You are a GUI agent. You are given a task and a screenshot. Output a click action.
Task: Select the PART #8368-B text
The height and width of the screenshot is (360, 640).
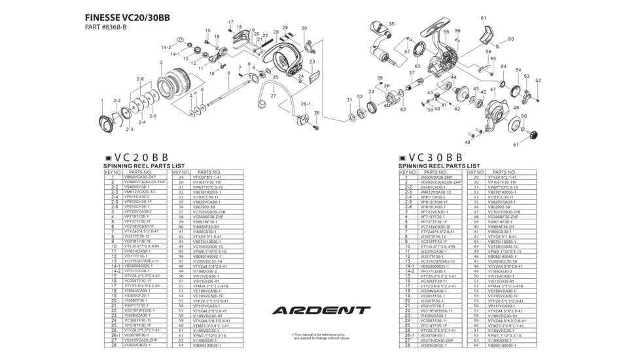pyautogui.click(x=106, y=27)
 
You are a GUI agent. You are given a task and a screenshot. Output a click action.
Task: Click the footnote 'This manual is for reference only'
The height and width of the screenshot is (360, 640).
pyautogui.click(x=321, y=334)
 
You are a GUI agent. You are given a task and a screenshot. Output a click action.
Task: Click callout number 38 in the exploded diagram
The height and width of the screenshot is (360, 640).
pyautogui.click(x=391, y=24)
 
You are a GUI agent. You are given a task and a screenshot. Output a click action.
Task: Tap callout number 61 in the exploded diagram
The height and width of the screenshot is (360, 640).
pyautogui.click(x=483, y=18)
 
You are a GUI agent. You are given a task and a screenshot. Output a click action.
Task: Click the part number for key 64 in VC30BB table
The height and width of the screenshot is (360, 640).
pyautogui.click(x=502, y=345)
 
